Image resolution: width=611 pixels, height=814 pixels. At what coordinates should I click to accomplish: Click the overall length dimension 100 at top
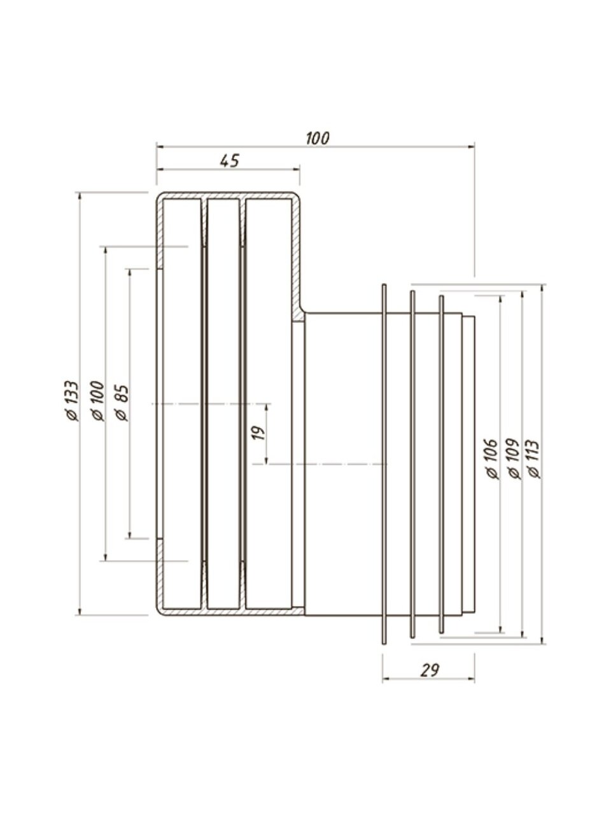point(318,139)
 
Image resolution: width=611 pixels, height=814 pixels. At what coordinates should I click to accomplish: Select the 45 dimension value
point(230,161)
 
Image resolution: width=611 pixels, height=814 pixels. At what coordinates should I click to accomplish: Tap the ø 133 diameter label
point(71,401)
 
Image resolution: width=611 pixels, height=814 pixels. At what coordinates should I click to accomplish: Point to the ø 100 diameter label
point(97,401)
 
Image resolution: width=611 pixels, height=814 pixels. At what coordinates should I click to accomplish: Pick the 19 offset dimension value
point(259,433)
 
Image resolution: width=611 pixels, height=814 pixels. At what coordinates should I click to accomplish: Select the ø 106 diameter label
point(492,459)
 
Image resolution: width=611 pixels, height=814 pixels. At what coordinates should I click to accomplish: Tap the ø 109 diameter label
point(514,459)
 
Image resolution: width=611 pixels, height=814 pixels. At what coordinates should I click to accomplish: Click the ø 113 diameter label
point(534,459)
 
